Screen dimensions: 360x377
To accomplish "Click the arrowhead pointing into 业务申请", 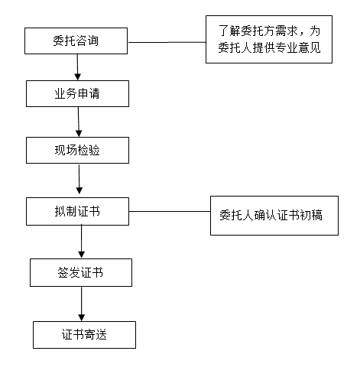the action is [x=78, y=76].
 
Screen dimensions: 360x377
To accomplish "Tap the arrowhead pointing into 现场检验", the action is [x=79, y=133].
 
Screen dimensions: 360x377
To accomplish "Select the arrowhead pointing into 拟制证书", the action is [x=79, y=190].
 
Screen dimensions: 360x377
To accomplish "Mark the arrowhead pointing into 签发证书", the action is [x=81, y=255].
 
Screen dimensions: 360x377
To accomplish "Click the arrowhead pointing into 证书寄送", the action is [x=82, y=317].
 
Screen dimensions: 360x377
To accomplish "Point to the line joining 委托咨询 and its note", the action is [x=167, y=42].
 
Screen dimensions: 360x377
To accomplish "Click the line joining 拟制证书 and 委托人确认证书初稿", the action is [x=170, y=211].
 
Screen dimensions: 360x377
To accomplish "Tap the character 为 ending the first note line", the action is [x=315, y=31].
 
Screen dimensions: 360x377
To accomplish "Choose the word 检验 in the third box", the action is [x=89, y=150].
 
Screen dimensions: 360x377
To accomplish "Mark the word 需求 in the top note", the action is [x=287, y=31].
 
